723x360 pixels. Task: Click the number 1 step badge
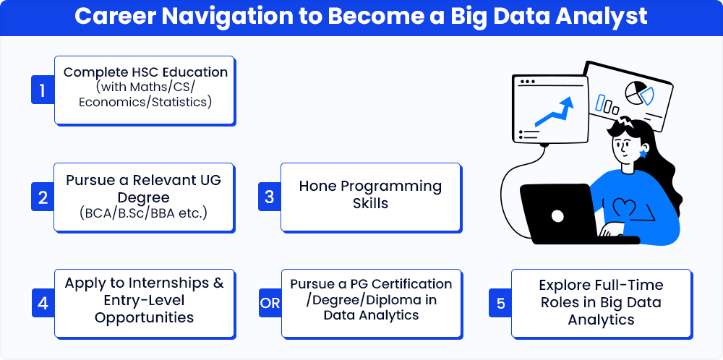click(43, 90)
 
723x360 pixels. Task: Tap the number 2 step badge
click(43, 197)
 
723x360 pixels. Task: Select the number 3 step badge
click(270, 197)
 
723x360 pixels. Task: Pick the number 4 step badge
click(43, 304)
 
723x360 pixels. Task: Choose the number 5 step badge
click(501, 304)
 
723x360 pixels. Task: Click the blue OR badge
click(270, 304)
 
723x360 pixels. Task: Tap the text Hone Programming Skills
click(370, 194)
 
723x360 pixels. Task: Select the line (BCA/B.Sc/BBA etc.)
click(143, 214)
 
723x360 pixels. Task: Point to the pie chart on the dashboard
click(639, 93)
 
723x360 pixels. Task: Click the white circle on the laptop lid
click(557, 215)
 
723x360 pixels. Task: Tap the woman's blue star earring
click(643, 154)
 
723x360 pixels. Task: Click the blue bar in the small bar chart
click(600, 103)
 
